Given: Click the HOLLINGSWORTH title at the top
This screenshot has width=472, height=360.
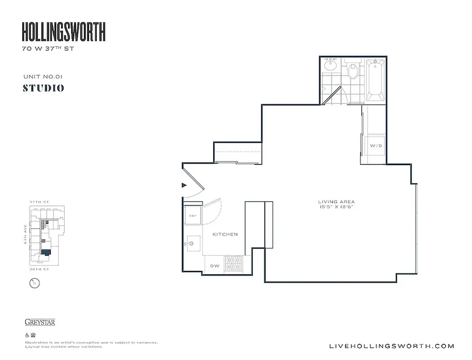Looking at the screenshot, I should [64, 32].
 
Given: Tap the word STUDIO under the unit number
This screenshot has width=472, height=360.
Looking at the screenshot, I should [43, 88].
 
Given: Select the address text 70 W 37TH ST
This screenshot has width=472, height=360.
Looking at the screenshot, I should [48, 49].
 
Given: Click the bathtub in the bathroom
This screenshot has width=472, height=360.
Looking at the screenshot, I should [375, 80].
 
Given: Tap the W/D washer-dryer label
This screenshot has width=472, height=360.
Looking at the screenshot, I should [376, 146].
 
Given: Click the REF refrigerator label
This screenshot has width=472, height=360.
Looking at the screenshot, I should [193, 216].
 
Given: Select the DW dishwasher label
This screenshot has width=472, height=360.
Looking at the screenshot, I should [215, 265].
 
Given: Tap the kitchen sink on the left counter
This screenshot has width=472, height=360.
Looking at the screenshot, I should [191, 243].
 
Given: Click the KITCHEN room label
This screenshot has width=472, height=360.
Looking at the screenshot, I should [225, 234].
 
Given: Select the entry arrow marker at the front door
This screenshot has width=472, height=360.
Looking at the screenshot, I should [184, 184].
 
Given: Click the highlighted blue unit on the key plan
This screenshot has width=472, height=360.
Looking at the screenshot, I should [45, 252].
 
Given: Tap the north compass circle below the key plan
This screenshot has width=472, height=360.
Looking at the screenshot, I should [34, 283].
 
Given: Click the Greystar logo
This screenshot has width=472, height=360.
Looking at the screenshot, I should [40, 322].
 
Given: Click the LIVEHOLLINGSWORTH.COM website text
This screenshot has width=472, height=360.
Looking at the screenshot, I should [392, 346].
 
